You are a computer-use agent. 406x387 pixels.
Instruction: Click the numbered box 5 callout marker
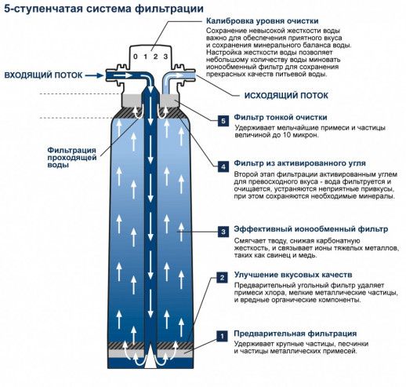[x=223, y=121]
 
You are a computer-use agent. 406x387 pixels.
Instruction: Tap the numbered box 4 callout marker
[x=223, y=166]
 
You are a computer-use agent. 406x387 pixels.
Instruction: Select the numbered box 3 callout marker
[x=223, y=232]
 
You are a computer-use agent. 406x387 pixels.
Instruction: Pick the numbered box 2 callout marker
[x=223, y=278]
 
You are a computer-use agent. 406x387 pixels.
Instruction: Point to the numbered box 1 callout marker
[x=223, y=336]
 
